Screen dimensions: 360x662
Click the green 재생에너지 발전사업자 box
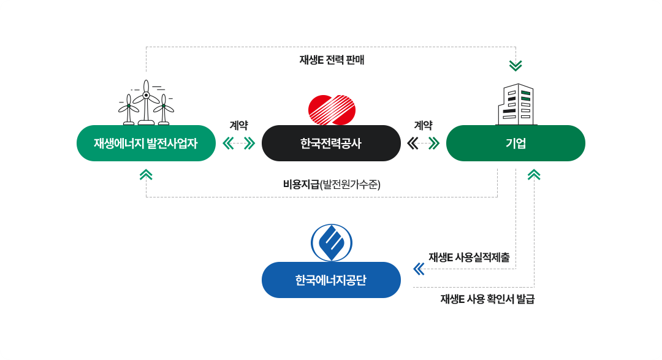pos(146,144)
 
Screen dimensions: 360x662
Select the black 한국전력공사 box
pos(331,144)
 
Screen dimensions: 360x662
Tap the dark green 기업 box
pos(516,144)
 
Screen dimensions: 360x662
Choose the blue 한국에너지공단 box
pos(331,280)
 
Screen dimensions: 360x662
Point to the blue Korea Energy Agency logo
pos(332,242)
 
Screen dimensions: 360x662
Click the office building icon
pos(517,104)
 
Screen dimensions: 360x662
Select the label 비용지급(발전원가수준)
pos(332,184)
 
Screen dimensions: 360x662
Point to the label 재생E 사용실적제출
pos(469,258)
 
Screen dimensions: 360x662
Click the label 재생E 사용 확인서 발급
pos(487,299)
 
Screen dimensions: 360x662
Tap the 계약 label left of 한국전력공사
pos(238,125)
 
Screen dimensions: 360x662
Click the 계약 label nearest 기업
pos(423,125)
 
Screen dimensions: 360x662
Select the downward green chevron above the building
pos(516,65)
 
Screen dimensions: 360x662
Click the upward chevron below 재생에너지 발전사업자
pos(146,175)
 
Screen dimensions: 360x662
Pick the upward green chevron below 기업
pos(534,175)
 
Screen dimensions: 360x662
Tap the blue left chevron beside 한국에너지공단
pos(419,269)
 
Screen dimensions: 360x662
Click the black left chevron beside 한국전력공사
pos(413,144)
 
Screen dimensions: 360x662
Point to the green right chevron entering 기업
pos(435,144)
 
